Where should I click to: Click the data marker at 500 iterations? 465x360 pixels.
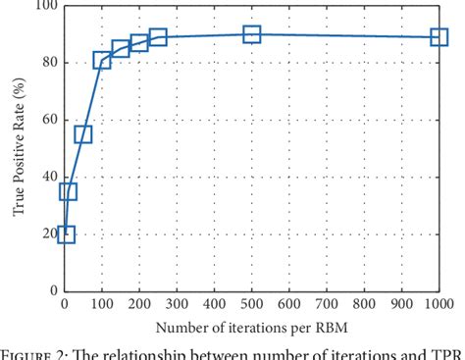click(x=251, y=34)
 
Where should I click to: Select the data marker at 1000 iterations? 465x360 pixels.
click(x=439, y=37)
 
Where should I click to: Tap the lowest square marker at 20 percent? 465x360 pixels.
click(x=66, y=233)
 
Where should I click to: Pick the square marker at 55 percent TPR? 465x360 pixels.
click(x=83, y=134)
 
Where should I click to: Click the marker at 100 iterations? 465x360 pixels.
click(x=102, y=61)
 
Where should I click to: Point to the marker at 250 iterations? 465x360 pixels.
click(x=158, y=37)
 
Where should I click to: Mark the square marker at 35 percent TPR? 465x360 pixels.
click(x=68, y=191)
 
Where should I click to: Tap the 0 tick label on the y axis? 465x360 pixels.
click(x=52, y=291)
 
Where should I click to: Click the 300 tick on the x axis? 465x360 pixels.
click(x=177, y=304)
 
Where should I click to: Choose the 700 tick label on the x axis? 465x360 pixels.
click(x=326, y=304)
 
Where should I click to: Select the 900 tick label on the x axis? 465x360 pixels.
click(x=401, y=304)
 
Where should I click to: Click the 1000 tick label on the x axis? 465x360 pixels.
click(x=436, y=304)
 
